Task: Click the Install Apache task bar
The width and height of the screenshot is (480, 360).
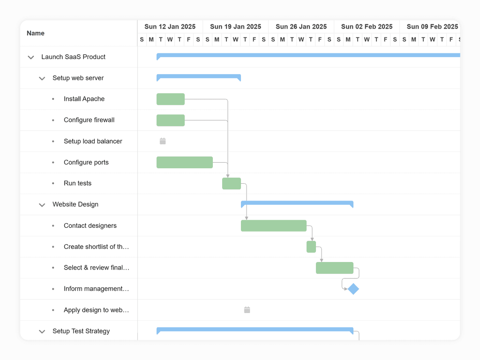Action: pyautogui.click(x=171, y=99)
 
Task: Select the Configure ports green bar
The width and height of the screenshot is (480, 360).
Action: pyautogui.click(x=185, y=162)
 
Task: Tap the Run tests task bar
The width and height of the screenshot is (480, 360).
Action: pyautogui.click(x=232, y=184)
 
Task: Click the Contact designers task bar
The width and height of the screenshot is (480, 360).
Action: pyautogui.click(x=274, y=226)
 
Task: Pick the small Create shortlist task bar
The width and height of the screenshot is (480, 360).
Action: pyautogui.click(x=311, y=247)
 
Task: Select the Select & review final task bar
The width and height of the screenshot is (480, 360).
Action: pyautogui.click(x=335, y=268)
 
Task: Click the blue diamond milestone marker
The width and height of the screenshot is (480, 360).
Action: pyautogui.click(x=353, y=289)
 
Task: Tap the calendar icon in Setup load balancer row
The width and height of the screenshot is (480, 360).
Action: pyautogui.click(x=163, y=141)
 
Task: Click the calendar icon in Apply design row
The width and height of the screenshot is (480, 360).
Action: pyautogui.click(x=247, y=310)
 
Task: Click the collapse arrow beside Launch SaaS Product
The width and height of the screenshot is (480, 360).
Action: pyautogui.click(x=31, y=57)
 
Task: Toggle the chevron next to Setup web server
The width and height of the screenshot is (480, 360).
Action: pyautogui.click(x=42, y=78)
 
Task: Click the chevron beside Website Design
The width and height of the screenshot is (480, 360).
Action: pyautogui.click(x=42, y=205)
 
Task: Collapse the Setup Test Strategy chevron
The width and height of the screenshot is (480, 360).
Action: pyautogui.click(x=42, y=331)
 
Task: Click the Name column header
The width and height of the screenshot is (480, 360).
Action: pyautogui.click(x=36, y=33)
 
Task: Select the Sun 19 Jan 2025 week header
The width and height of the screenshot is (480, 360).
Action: pyautogui.click(x=235, y=27)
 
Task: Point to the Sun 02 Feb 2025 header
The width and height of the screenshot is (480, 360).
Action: pyautogui.click(x=367, y=27)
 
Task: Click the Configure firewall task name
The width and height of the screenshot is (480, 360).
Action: pyautogui.click(x=89, y=120)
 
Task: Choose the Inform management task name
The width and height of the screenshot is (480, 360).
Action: pyautogui.click(x=96, y=289)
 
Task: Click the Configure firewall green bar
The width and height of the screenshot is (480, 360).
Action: pyautogui.click(x=171, y=120)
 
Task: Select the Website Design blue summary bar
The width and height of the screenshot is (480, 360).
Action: pyautogui.click(x=297, y=203)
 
